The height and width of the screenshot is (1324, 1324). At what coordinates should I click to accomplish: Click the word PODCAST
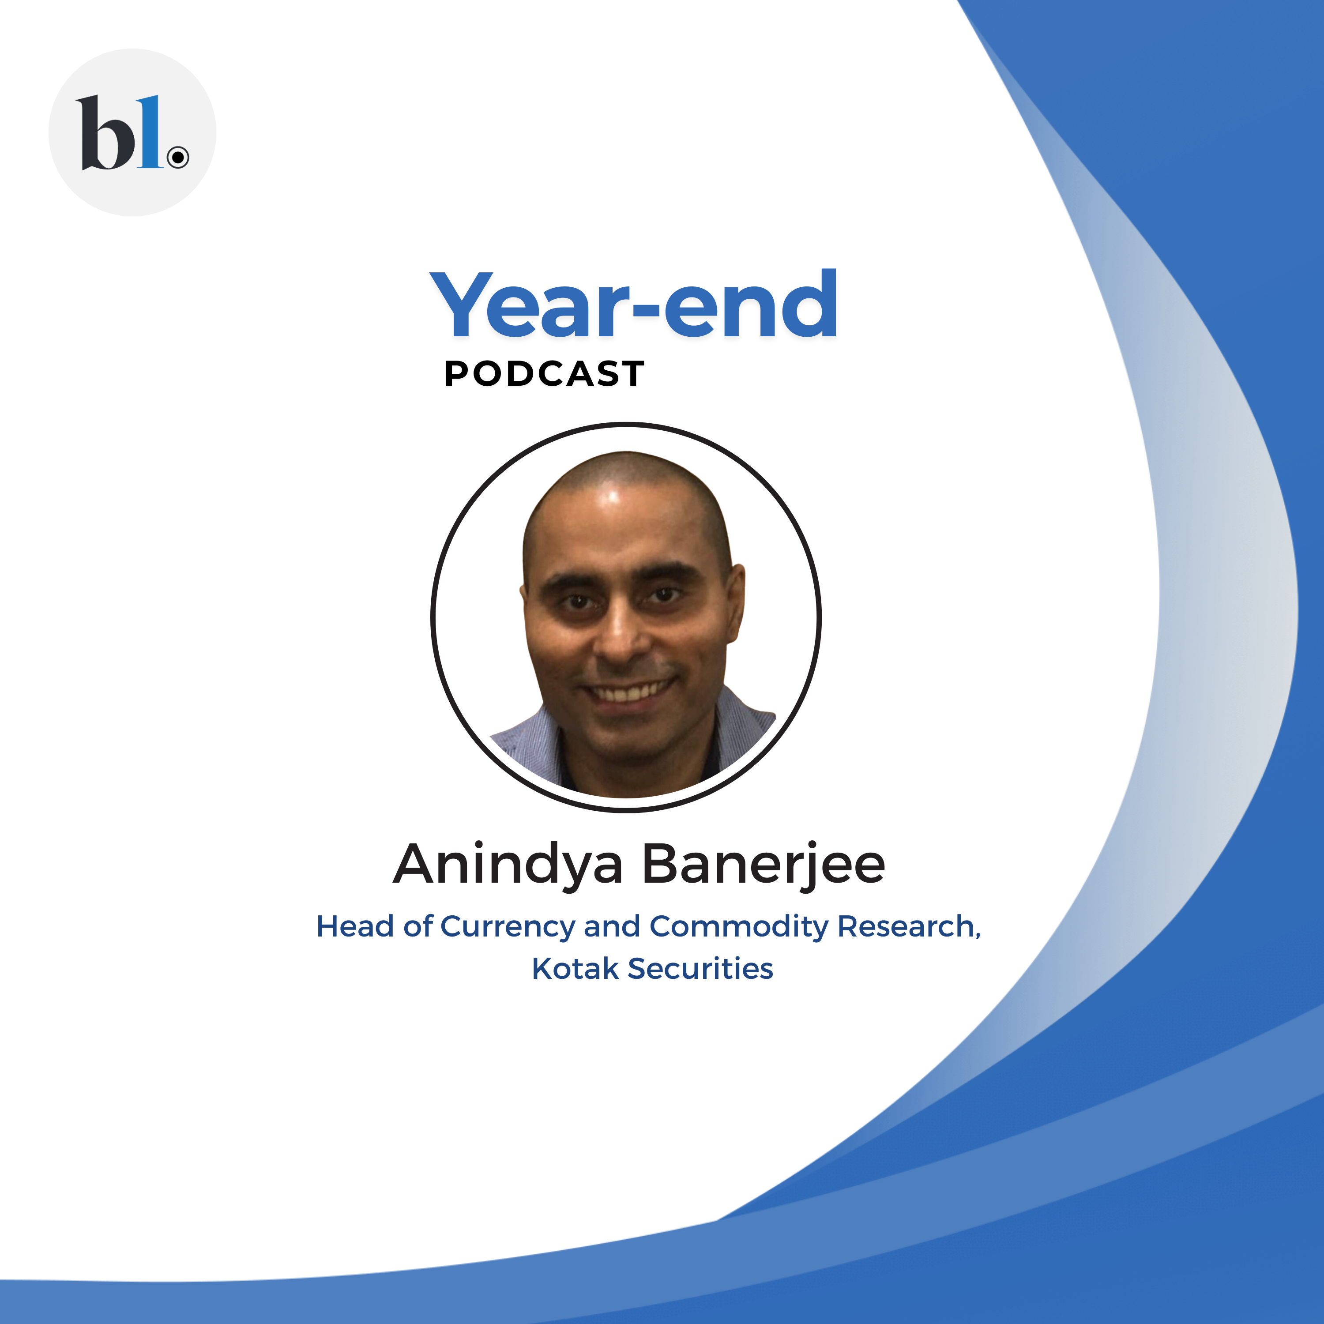pos(544,374)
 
